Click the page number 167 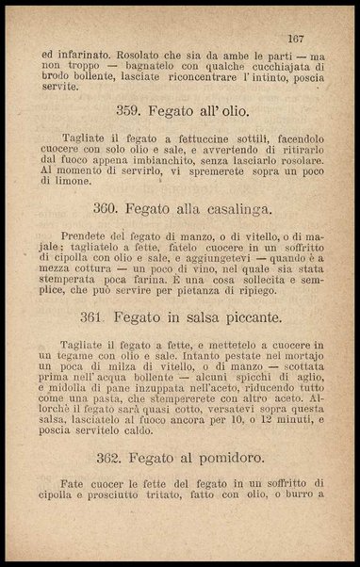[300, 40]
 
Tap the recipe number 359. [128, 109]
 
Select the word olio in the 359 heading [227, 109]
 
